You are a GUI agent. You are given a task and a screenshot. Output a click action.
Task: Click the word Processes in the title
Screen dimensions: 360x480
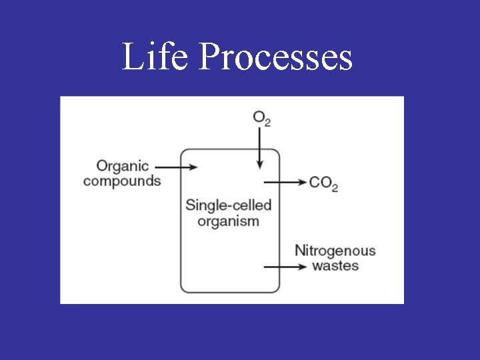tap(275, 57)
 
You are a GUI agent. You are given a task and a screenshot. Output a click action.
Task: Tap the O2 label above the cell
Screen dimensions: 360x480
tap(261, 119)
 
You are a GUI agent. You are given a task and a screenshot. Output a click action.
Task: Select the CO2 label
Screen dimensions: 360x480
tap(323, 183)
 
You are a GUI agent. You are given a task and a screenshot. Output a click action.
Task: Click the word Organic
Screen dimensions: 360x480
tap(123, 166)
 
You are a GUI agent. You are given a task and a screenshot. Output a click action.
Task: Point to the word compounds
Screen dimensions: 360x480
tap(122, 181)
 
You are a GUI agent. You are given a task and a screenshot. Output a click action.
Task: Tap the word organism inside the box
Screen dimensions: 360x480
tap(229, 221)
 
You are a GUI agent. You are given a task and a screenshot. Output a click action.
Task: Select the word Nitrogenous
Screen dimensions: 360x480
tap(335, 251)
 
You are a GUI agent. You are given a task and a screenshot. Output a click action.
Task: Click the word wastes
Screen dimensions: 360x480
tap(335, 266)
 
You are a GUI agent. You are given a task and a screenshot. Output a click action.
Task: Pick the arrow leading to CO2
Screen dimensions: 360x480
tap(285, 181)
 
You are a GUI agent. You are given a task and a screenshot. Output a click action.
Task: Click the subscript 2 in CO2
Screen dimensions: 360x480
tap(334, 188)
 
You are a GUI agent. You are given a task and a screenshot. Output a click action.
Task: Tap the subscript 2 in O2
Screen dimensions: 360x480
tap(267, 123)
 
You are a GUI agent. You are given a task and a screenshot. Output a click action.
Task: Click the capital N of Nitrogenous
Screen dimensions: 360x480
tap(300, 251)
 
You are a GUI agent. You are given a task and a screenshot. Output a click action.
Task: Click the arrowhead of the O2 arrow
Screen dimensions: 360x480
tap(259, 165)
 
